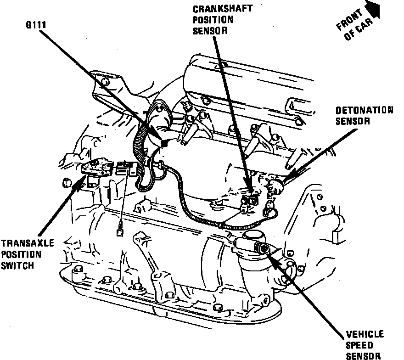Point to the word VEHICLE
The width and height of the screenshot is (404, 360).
click(365, 335)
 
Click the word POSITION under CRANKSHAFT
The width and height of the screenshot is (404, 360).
click(213, 20)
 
